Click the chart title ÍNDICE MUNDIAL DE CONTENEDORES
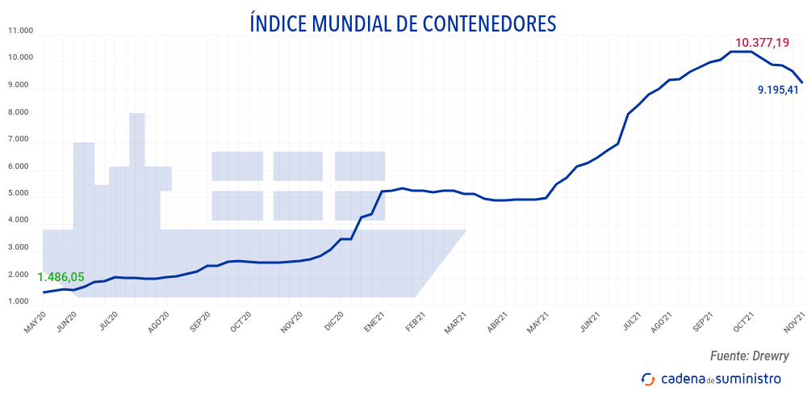pos(403,23)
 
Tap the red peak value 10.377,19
pos(762,43)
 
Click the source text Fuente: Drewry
pos(749,356)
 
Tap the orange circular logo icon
pos(647,379)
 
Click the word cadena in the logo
pos(683,379)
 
